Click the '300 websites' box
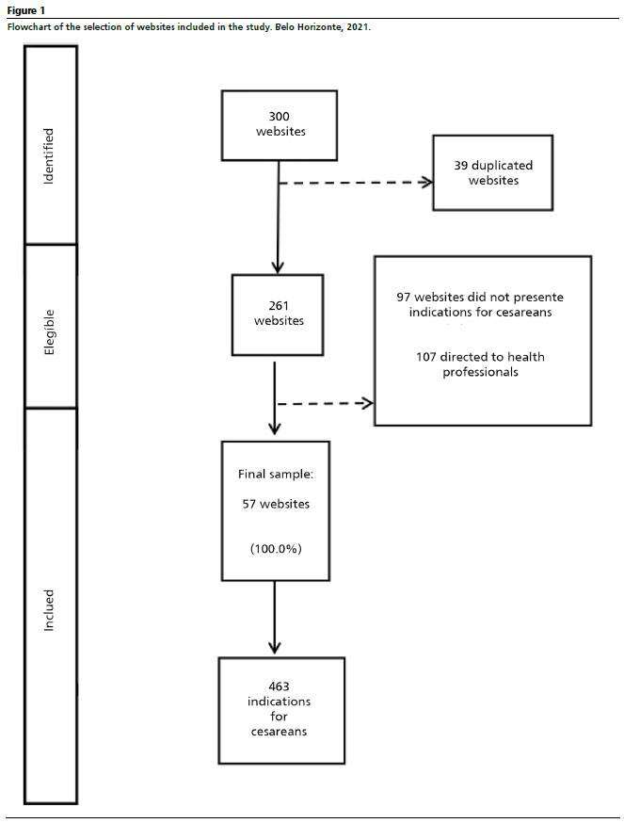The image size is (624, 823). click(280, 125)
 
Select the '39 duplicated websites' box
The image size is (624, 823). click(493, 172)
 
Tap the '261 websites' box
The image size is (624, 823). click(278, 315)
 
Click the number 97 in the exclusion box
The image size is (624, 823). click(403, 297)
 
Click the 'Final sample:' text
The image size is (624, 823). click(276, 474)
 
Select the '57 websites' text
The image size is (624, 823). click(276, 504)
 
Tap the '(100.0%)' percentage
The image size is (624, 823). click(276, 549)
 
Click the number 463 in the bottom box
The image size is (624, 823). click(279, 686)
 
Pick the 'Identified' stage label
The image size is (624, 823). click(48, 156)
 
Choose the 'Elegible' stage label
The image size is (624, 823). click(49, 332)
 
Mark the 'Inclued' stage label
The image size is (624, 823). click(48, 610)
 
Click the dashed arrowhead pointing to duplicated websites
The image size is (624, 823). click(426, 182)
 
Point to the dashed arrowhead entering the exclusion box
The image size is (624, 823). click(367, 403)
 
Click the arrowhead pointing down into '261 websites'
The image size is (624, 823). click(278, 266)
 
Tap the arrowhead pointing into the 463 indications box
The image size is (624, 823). click(275, 647)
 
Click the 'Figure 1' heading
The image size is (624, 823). click(26, 10)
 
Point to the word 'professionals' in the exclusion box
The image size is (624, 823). click(480, 372)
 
